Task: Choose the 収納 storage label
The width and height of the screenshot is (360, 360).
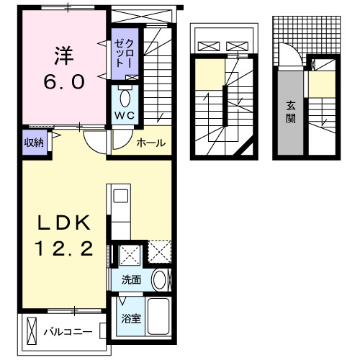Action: (x=34, y=142)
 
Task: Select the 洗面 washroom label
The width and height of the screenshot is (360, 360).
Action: (x=130, y=279)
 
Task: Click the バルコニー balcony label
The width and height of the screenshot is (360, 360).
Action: (x=67, y=332)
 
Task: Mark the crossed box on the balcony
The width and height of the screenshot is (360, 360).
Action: (x=32, y=331)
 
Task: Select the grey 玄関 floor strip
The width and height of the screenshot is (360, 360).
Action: (x=290, y=115)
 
